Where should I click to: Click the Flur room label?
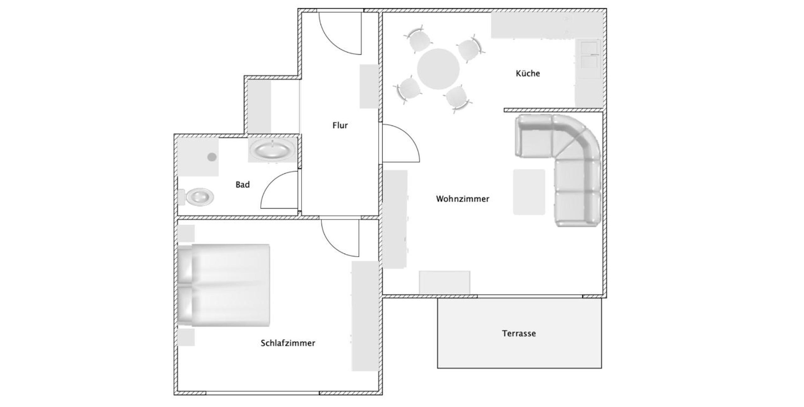coord(340,125)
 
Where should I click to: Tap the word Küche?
coord(528,73)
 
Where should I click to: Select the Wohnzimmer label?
coord(463,199)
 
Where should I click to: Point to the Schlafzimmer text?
coord(288,343)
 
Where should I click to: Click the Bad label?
coord(242,184)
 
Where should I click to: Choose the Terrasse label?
coord(519,333)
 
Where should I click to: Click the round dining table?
coord(438,69)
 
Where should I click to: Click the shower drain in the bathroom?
coord(212,157)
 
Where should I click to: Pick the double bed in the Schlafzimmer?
coord(224,285)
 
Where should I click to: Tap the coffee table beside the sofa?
coord(529,192)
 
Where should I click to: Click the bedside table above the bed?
coord(186,233)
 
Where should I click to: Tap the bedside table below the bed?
coord(186,337)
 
